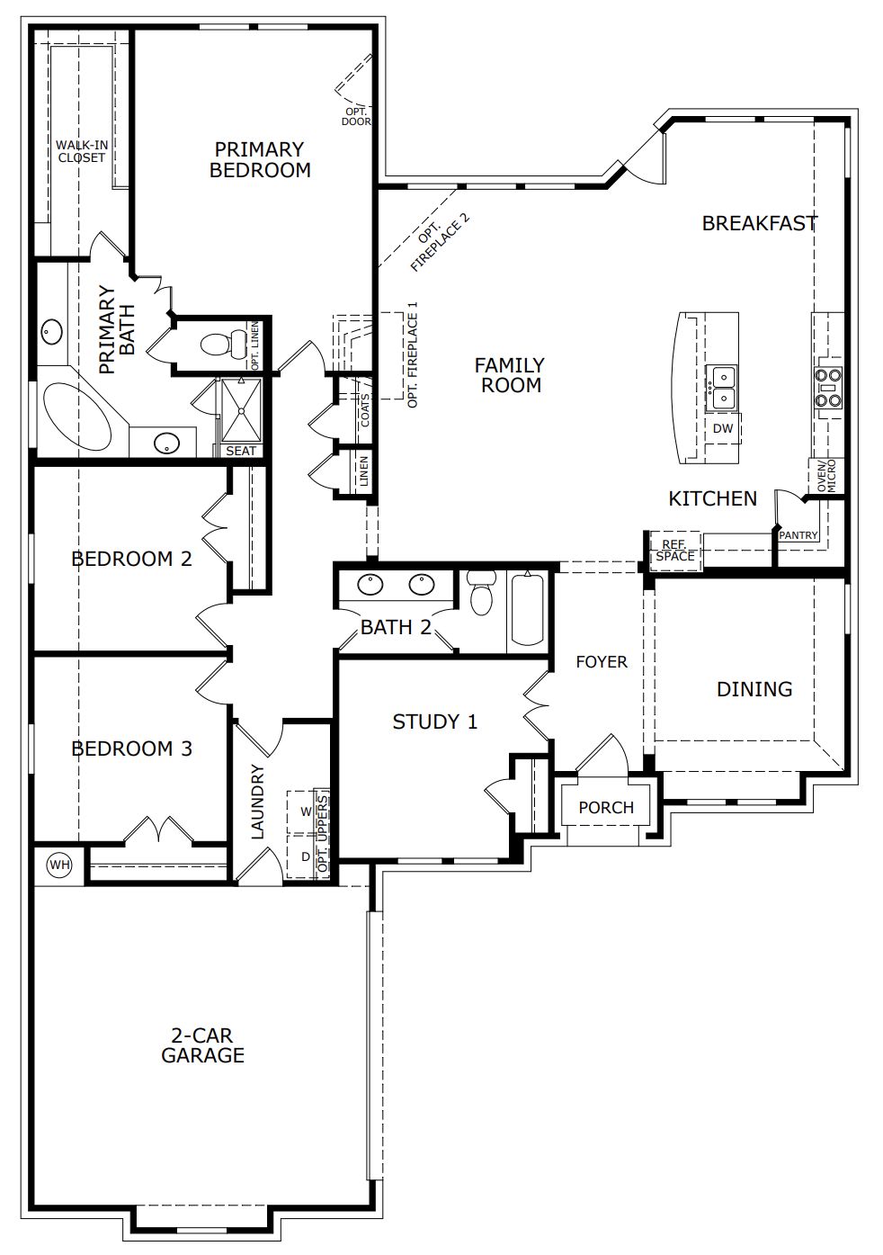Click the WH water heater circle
tap(60, 865)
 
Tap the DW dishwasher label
tap(723, 428)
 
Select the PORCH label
tap(606, 807)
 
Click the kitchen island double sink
tap(721, 387)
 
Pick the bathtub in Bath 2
tap(528, 611)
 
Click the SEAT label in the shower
tap(241, 451)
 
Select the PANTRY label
tap(798, 535)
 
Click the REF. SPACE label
tap(674, 551)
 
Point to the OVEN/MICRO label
tap(825, 476)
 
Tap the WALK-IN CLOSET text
tap(82, 151)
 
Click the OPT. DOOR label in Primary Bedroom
tap(356, 117)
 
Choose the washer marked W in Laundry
tap(305, 811)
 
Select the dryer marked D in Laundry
tap(305, 856)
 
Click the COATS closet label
tap(365, 410)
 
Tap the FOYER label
tap(602, 661)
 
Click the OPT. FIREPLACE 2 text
tap(440, 242)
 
